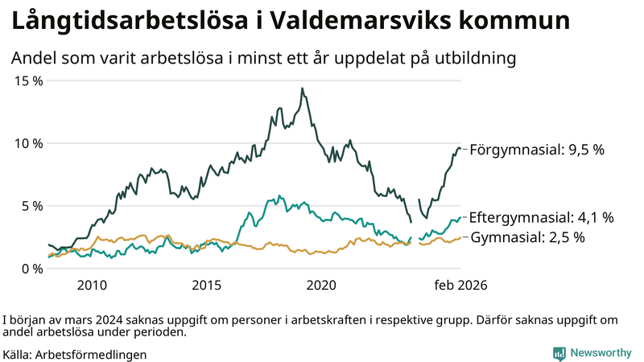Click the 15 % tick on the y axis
28,80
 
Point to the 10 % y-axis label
28,143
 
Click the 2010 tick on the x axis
92,285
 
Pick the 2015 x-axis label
207,285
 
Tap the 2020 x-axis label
322,285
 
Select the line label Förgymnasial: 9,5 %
536,150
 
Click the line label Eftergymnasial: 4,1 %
541,217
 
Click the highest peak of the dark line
302,88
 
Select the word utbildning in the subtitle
473,59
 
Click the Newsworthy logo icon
558,352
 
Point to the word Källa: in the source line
18,354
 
